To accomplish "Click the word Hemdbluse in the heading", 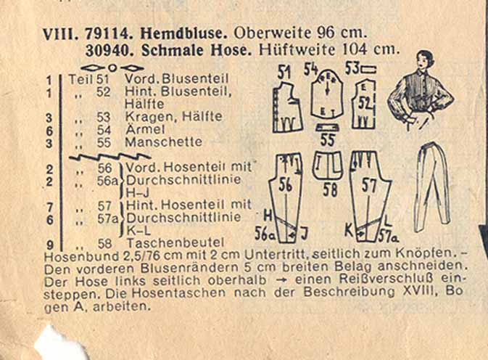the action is coord(183,33).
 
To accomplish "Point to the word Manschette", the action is coord(163,142).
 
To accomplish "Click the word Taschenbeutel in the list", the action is coord(175,243).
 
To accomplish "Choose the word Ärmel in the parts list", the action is coord(145,129).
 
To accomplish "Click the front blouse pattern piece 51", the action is coord(288,107).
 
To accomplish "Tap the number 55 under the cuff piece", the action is coord(327,140).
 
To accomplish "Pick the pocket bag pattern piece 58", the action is coord(328,165).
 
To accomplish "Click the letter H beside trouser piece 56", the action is coord(268,216).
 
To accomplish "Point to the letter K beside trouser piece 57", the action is coord(350,231).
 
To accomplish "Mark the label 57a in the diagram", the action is coord(389,237).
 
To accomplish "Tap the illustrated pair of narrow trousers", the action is coord(432,187).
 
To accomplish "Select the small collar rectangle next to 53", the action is coord(369,69).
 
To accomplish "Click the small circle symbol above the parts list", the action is coord(112,67).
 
